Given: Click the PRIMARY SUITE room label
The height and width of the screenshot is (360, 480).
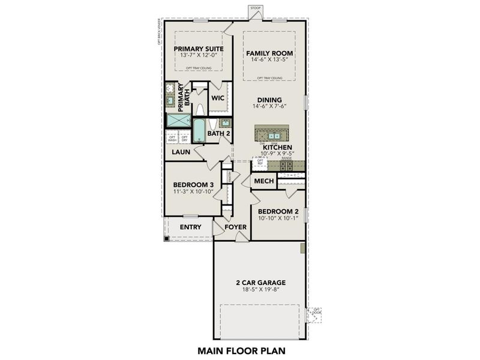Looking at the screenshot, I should [198, 49].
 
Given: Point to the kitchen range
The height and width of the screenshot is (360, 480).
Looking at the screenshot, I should [286, 166].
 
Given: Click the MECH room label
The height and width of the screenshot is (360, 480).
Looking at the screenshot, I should [264, 181].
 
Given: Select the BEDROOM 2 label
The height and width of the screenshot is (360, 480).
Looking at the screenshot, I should [278, 211].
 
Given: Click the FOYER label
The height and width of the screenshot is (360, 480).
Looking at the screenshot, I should [236, 227].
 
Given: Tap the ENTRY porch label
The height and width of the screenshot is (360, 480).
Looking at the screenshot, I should [190, 227].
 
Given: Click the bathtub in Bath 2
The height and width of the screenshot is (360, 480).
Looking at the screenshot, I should [197, 130].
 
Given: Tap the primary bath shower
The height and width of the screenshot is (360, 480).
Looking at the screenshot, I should [178, 121].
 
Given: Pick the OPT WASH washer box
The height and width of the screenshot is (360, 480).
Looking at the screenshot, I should [172, 139].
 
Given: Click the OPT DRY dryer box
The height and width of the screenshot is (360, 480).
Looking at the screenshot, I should [184, 139].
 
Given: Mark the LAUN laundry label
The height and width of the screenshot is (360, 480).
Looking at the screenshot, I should [181, 152].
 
